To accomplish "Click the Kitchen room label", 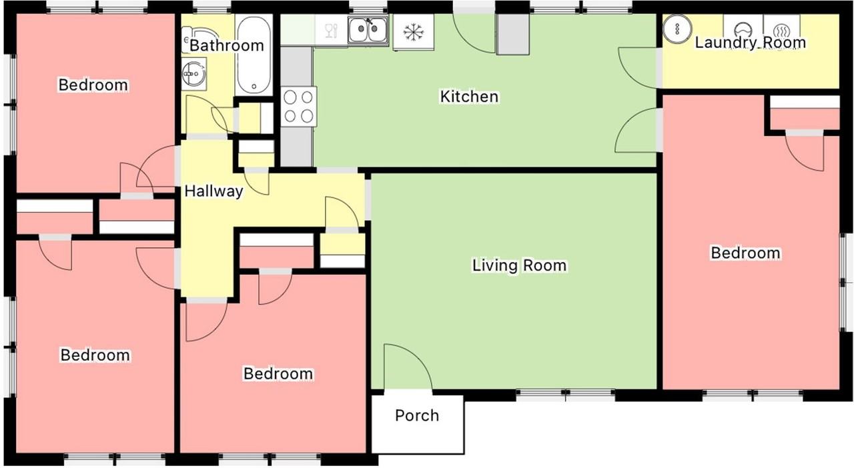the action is click(469, 97).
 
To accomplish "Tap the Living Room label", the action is click(519, 265).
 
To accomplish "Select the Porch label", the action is click(417, 415).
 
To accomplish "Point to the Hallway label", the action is click(213, 191).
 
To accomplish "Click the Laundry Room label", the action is click(751, 42).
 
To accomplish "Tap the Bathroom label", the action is click(226, 45).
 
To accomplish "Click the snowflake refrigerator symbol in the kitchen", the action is click(413, 32).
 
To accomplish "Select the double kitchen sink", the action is click(368, 30).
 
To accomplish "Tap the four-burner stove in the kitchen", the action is click(299, 107).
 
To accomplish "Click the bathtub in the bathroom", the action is click(254, 55).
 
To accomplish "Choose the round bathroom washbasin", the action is click(193, 73).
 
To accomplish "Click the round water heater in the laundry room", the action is click(677, 29).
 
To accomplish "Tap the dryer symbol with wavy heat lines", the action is click(781, 29).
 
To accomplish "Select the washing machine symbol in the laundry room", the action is click(743, 29).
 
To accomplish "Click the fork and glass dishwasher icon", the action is click(332, 31).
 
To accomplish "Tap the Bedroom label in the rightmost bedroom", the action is click(745, 253).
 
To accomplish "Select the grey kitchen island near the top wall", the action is click(513, 35).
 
